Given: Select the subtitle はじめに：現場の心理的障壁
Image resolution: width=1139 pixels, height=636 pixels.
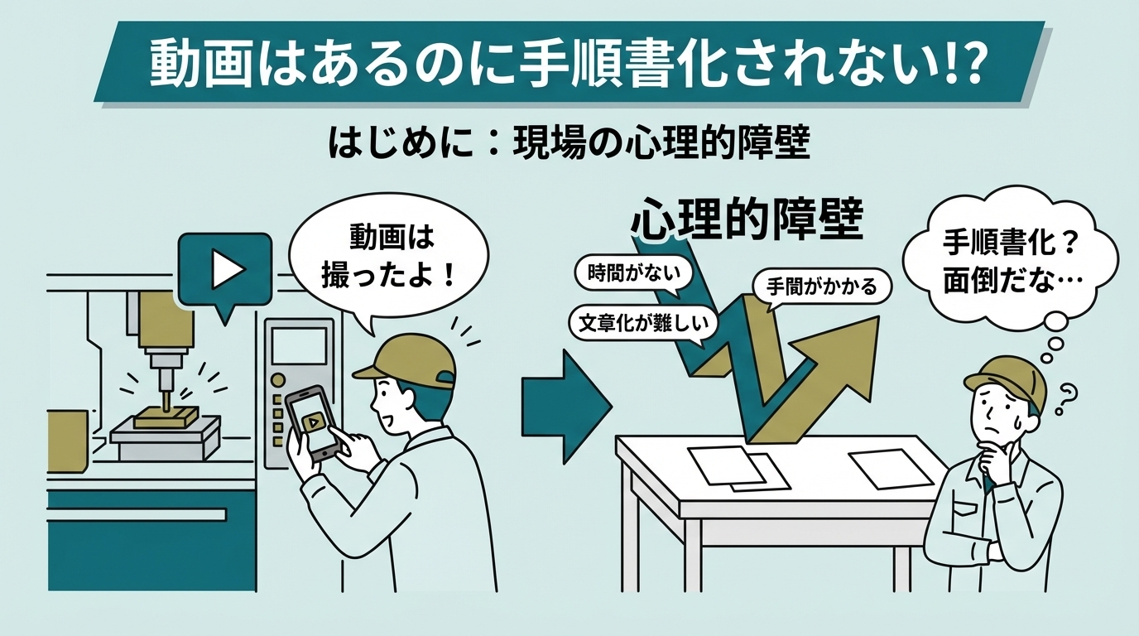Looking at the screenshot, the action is (569, 144).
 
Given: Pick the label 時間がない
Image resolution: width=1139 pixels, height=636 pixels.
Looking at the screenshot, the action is (633, 274).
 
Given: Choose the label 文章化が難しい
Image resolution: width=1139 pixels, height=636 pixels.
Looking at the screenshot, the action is (643, 323).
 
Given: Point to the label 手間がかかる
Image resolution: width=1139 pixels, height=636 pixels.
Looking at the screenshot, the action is (822, 287).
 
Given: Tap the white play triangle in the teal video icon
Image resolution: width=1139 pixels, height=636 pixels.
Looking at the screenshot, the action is (228, 269).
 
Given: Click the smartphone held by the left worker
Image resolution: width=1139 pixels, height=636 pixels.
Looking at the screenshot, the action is (311, 423).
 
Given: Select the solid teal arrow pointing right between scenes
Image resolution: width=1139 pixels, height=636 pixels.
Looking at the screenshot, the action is (566, 407).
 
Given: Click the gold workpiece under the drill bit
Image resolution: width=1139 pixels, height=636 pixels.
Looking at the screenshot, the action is (166, 417).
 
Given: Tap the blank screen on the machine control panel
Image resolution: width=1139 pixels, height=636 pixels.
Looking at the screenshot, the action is (299, 345).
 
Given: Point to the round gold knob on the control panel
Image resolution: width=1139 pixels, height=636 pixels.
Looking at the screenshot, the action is (277, 379).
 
